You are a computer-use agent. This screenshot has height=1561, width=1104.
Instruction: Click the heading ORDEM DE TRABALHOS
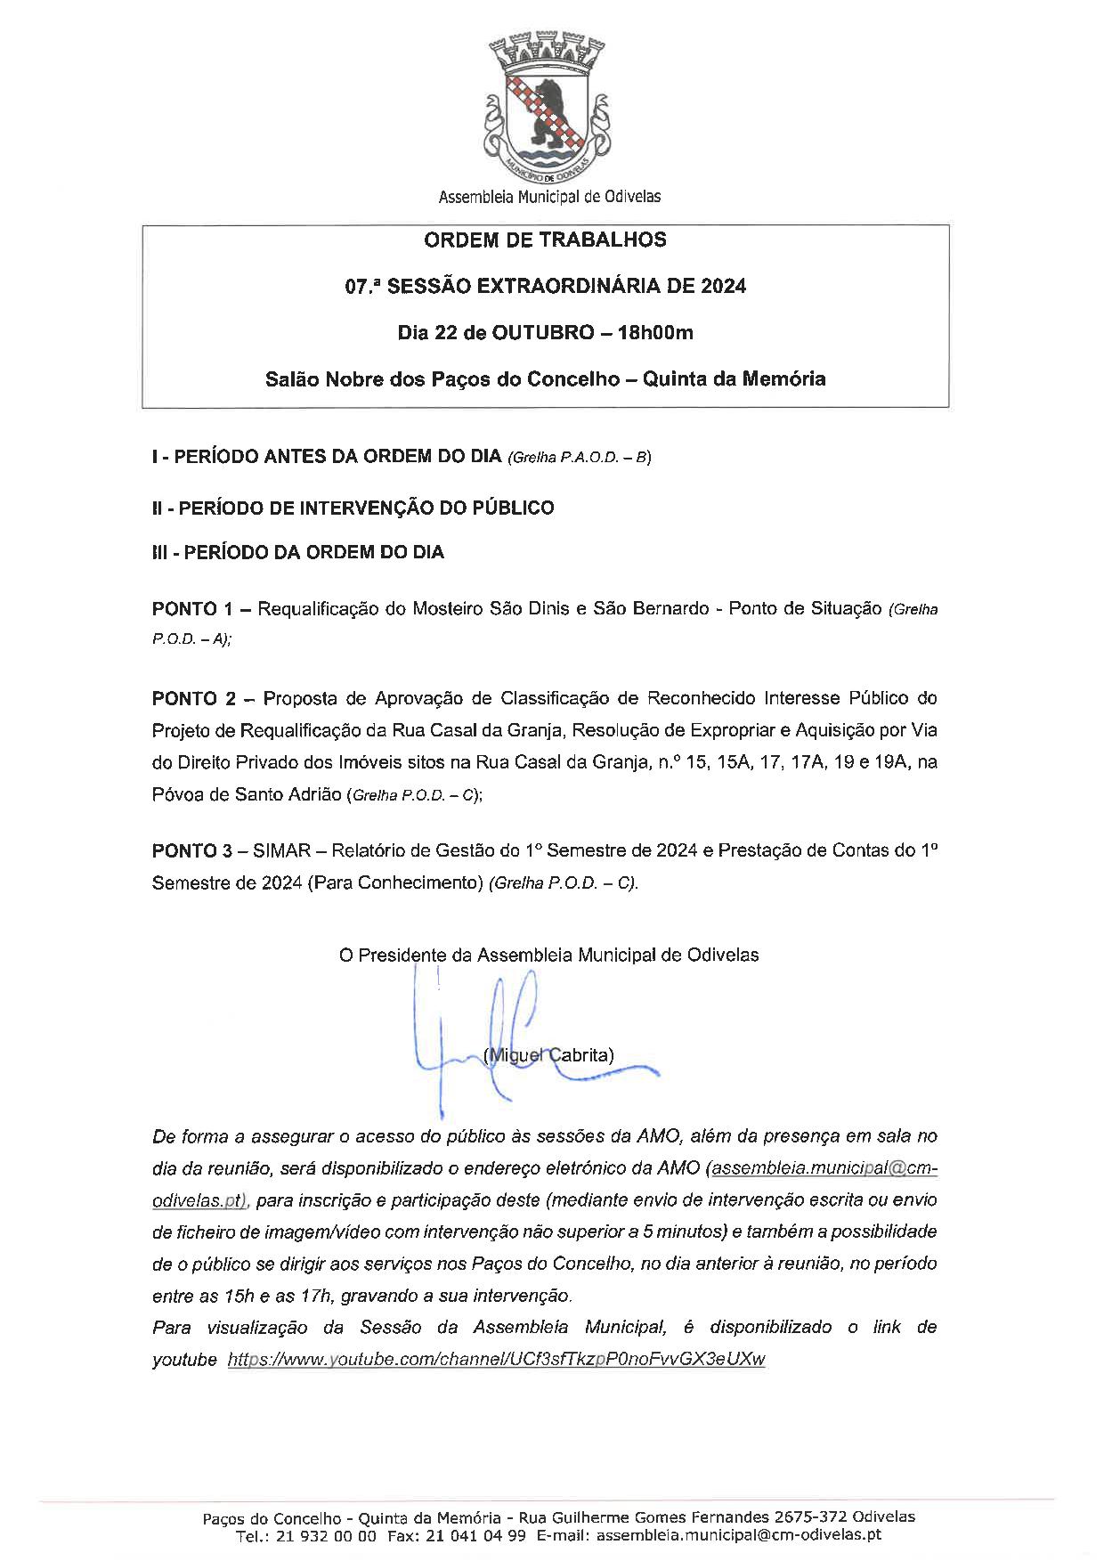coord(545,240)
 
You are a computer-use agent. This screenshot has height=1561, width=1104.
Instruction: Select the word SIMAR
coord(282,850)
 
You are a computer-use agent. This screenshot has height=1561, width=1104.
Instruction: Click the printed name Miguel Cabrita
coord(548,1055)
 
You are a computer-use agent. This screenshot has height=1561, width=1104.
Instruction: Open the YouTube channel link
coord(496,1360)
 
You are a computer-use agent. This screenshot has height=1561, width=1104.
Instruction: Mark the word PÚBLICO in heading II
coord(514,508)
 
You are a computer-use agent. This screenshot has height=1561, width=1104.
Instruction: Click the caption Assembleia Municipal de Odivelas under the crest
coord(549,197)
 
